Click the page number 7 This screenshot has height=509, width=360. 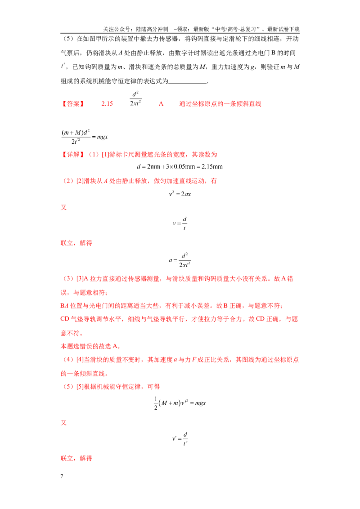pos(62,476)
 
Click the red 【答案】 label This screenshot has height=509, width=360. pos(73,104)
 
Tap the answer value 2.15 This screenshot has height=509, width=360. pos(107,104)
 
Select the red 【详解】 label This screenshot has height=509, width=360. pos(73,155)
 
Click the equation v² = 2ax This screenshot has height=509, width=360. pos(180,194)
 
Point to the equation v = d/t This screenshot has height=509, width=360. pos(180,223)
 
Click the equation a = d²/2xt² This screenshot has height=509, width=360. pos(180,260)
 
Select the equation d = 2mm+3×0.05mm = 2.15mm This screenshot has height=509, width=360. pos(180,166)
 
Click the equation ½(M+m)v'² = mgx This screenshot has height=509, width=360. pos(180,403)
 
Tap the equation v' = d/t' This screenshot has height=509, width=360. pos(180,438)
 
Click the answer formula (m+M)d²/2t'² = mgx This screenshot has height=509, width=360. pos(85,137)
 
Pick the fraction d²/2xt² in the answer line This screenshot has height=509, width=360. pos(135,98)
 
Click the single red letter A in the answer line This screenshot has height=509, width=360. pos(161,104)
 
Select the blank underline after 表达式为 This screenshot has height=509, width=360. pos(188,84)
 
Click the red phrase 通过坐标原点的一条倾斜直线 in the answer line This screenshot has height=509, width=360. pos(220,104)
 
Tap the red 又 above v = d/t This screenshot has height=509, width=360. pos(64,207)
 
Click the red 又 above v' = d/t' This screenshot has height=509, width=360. pos(64,423)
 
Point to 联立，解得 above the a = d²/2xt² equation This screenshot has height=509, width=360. pos(76,243)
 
